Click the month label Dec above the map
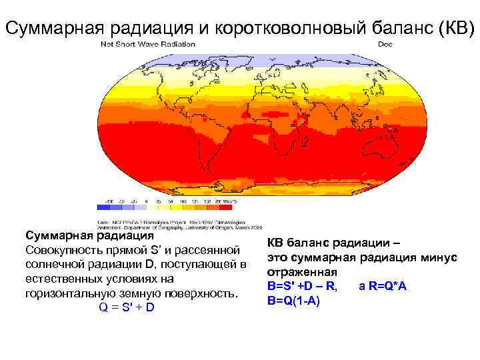pyautogui.click(x=385, y=45)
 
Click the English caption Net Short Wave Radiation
pyautogui.click(x=148, y=45)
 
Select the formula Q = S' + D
pyautogui.click(x=126, y=307)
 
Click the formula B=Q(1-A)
pyautogui.click(x=293, y=301)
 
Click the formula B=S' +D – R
pyautogui.click(x=301, y=287)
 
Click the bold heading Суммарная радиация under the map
pyautogui.click(x=89, y=236)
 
